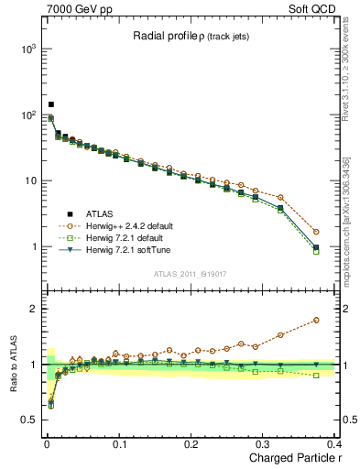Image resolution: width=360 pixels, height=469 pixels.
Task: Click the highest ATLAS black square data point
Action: point(51,104)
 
